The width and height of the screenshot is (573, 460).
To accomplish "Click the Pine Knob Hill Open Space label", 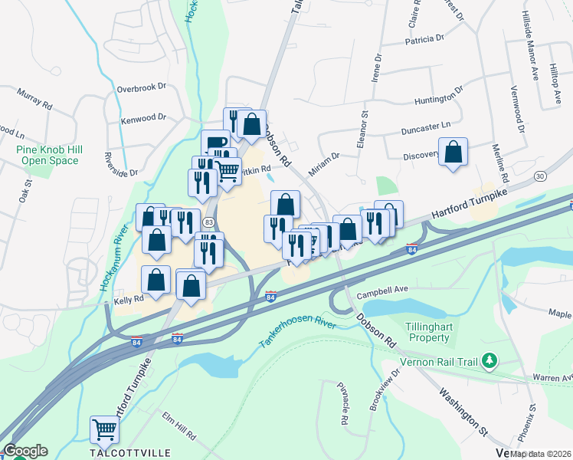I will pyautogui.click(x=49, y=155).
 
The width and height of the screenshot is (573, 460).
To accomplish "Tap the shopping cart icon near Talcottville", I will pyautogui.click(x=104, y=431).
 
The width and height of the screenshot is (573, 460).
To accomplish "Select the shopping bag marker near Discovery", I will pyautogui.click(x=453, y=152).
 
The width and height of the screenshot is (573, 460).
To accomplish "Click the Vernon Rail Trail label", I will pyautogui.click(x=444, y=360).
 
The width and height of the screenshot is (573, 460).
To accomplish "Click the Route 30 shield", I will pyautogui.click(x=541, y=176).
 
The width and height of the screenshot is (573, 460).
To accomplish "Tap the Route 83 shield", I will pyautogui.click(x=208, y=222).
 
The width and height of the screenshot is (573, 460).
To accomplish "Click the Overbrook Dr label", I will pyautogui.click(x=142, y=87).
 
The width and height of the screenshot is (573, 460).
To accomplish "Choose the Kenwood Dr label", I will pyautogui.click(x=143, y=118).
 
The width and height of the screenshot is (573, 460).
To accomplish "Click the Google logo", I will pyautogui.click(x=25, y=451).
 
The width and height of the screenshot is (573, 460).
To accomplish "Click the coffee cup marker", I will pyautogui.click(x=215, y=143).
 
